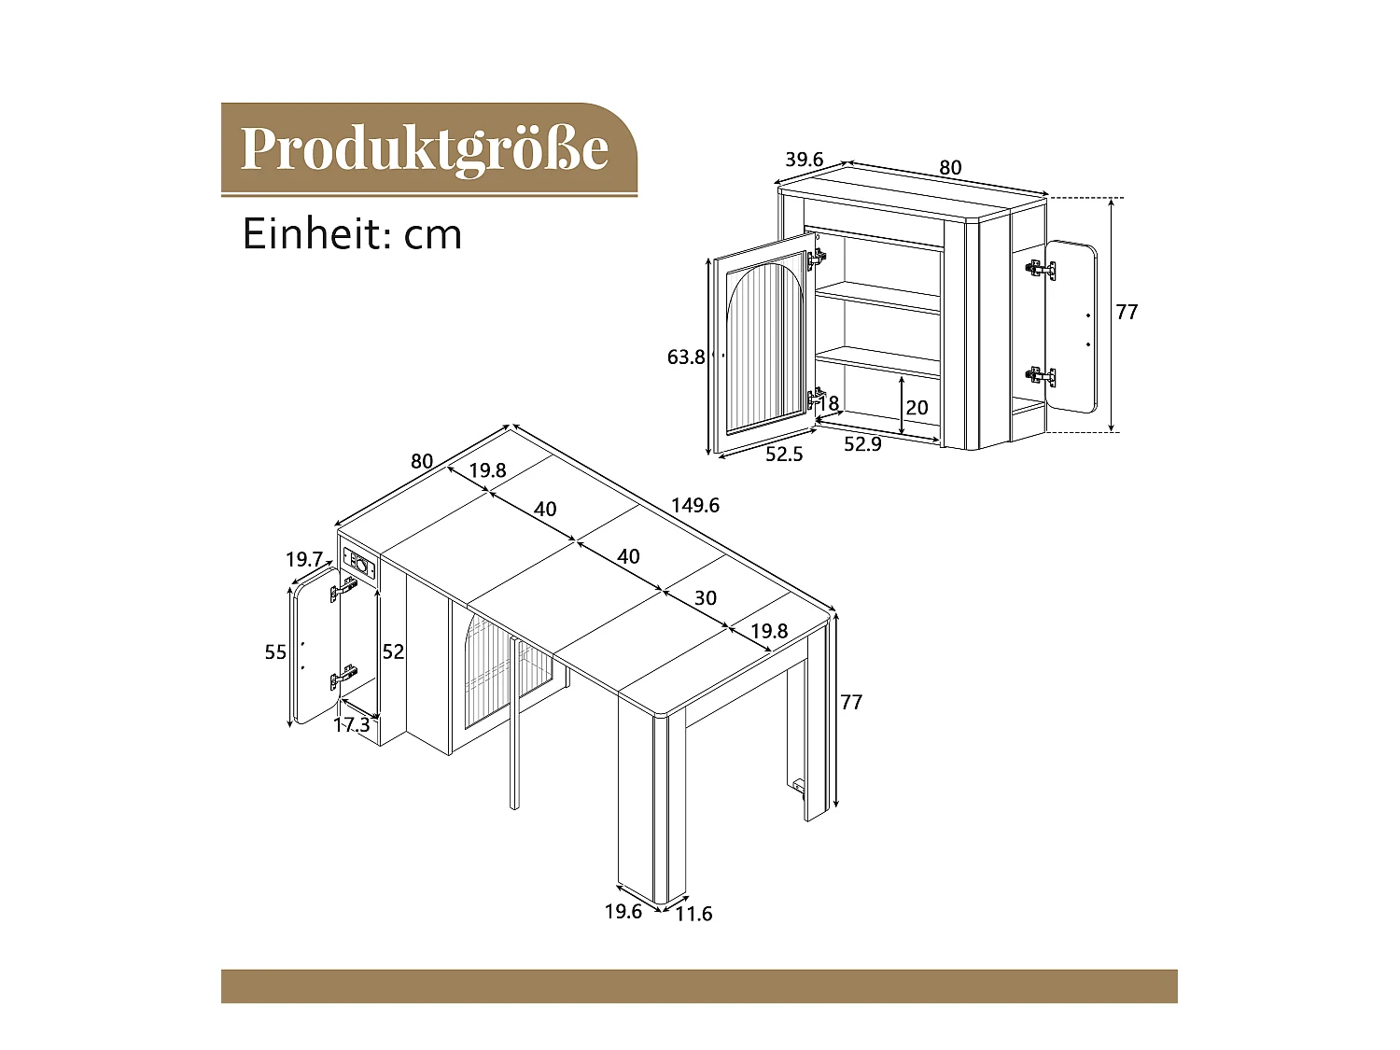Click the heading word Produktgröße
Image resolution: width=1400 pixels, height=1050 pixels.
(425, 148)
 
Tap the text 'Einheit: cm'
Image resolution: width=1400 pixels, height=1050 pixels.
(352, 233)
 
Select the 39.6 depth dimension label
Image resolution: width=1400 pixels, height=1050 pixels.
(804, 160)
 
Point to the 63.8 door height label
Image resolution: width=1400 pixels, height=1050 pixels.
(686, 357)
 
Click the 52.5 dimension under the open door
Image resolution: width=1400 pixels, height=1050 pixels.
(784, 455)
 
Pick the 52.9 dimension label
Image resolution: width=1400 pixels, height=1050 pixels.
(862, 444)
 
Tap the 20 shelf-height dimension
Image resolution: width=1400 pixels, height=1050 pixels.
(917, 407)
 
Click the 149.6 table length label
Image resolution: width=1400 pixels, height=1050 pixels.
(695, 505)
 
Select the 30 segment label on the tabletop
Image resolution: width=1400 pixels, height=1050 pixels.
(706, 597)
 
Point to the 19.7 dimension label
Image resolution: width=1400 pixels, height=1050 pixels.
(304, 559)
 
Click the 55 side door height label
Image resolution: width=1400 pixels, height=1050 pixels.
(275, 651)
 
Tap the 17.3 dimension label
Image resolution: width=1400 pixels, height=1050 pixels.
(352, 724)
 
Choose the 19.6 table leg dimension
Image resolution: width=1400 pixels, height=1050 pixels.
(623, 911)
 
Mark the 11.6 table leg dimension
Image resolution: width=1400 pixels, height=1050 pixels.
(693, 914)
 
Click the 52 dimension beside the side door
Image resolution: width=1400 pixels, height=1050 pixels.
(393, 651)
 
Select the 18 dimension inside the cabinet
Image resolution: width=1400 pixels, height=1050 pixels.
(829, 403)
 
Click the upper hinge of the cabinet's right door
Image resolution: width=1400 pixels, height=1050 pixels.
(1040, 269)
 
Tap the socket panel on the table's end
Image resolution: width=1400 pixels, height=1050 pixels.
(361, 564)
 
